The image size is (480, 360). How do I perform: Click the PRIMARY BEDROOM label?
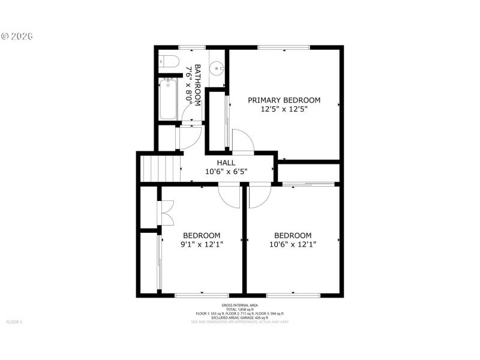284,100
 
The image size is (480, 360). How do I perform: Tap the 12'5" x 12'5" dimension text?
284,110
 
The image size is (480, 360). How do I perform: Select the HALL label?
226,163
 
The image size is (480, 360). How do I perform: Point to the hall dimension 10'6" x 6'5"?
226,172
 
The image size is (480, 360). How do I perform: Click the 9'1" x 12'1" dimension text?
202,244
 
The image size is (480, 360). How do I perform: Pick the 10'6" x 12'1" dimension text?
293,244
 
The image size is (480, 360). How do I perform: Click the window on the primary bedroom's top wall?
284,47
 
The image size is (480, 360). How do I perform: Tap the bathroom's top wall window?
192,47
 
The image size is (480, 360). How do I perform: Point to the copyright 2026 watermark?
16,36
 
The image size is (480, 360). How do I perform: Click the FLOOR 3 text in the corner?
14,322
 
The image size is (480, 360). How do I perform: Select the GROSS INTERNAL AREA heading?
239,305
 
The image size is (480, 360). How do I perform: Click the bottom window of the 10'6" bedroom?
293,295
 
